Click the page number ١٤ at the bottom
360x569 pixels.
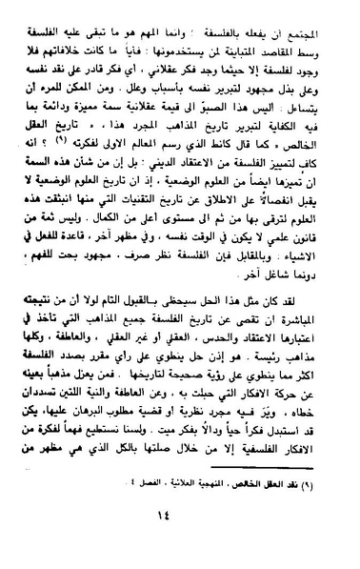point(180,539)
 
